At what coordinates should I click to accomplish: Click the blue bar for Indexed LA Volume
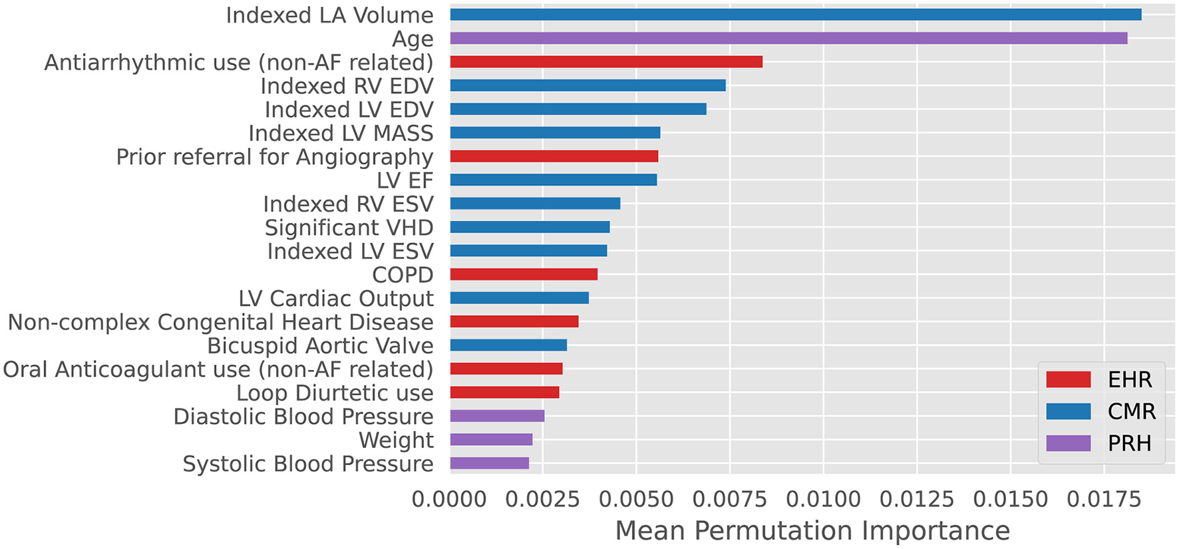pyautogui.click(x=795, y=15)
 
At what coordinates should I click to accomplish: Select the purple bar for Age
pyautogui.click(x=788, y=38)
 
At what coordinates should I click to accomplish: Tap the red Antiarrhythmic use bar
pyautogui.click(x=606, y=62)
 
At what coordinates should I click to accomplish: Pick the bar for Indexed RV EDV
pyautogui.click(x=588, y=85)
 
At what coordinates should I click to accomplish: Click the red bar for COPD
pyautogui.click(x=524, y=274)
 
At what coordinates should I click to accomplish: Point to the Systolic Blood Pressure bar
pyautogui.click(x=490, y=463)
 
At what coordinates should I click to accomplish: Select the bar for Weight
pyautogui.click(x=491, y=439)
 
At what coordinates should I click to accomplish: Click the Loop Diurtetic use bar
pyautogui.click(x=504, y=393)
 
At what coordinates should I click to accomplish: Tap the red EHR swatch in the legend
pyautogui.click(x=1068, y=379)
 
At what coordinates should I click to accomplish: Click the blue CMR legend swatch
pyautogui.click(x=1068, y=411)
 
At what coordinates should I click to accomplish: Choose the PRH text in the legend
pyautogui.click(x=1129, y=443)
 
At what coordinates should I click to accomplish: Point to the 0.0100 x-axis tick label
pyautogui.click(x=823, y=499)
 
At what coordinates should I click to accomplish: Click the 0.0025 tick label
pyautogui.click(x=542, y=499)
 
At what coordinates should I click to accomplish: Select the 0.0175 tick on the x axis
pyautogui.click(x=1104, y=499)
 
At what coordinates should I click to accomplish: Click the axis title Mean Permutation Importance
pyautogui.click(x=812, y=531)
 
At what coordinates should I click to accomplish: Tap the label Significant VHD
pyautogui.click(x=349, y=228)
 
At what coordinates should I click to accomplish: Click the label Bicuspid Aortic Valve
pyautogui.click(x=320, y=346)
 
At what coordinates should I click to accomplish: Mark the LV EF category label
pyautogui.click(x=405, y=180)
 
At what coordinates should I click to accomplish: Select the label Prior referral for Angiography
pyautogui.click(x=274, y=157)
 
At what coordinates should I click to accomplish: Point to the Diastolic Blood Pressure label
pyautogui.click(x=303, y=417)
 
